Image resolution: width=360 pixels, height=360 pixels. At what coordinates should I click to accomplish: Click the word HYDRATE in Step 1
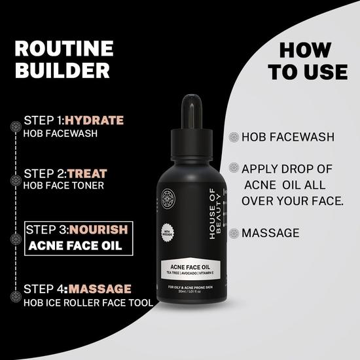pyautogui.click(x=94, y=120)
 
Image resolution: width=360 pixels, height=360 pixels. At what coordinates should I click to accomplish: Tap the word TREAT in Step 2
pyautogui.click(x=86, y=173)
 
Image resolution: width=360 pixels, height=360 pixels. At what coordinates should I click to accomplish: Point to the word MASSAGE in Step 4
pyautogui.click(x=100, y=289)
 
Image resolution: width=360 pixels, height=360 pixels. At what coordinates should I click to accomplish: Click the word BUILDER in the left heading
pyautogui.click(x=63, y=71)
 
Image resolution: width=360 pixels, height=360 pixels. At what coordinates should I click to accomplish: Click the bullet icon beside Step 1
pyautogui.click(x=15, y=122)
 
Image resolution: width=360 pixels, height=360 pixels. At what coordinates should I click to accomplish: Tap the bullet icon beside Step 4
pyautogui.click(x=15, y=295)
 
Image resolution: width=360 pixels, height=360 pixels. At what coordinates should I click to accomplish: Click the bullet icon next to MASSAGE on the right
pyautogui.click(x=234, y=232)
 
